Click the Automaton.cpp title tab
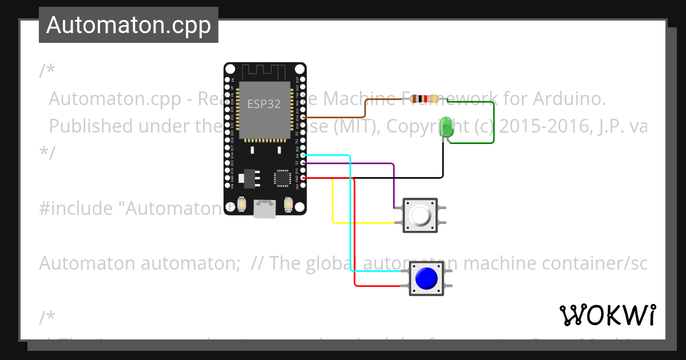point(129,25)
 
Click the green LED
point(447,127)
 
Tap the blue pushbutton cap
point(426,278)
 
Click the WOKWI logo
point(607,315)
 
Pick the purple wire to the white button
point(393,183)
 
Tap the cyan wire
point(350,217)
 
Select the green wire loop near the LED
point(493,123)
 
